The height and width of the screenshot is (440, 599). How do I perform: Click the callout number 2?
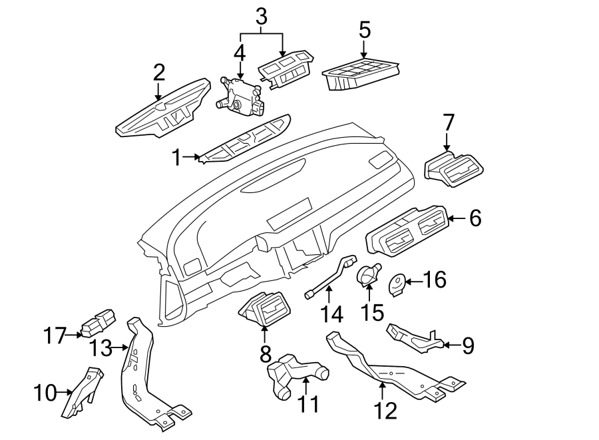(158, 72)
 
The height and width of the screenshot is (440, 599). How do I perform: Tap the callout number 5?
(364, 31)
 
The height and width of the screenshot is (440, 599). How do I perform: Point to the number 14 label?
(331, 313)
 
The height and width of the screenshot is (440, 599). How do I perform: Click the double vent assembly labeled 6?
(406, 233)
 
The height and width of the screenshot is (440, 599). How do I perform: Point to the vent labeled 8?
(264, 310)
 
